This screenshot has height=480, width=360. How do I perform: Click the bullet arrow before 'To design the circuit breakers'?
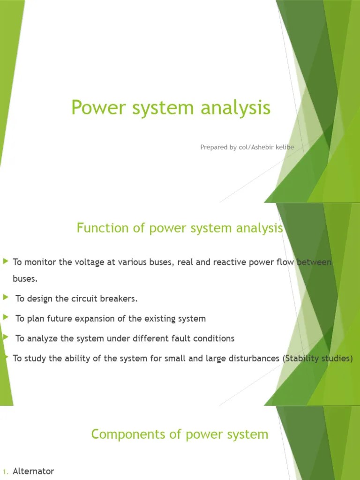(6, 298)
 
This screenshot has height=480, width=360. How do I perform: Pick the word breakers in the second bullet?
(121, 299)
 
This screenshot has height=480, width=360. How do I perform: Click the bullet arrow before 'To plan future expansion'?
(6, 317)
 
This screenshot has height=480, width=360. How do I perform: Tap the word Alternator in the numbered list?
(33, 471)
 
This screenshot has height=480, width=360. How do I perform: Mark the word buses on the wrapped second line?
(24, 278)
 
